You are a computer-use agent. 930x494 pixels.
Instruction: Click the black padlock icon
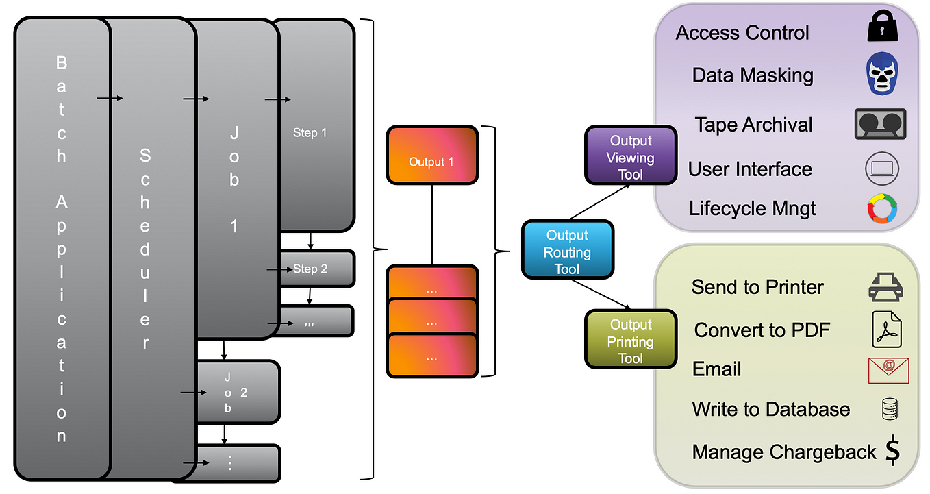click(x=883, y=26)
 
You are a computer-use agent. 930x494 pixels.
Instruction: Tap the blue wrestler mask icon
click(x=882, y=73)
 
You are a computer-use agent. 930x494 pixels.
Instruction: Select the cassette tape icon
click(x=880, y=124)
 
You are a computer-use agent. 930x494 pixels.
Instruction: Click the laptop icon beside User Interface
click(x=882, y=169)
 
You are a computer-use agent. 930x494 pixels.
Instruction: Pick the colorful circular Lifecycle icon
click(x=882, y=208)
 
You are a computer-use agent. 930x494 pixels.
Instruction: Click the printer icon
click(x=885, y=287)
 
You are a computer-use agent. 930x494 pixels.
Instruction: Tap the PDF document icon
click(x=887, y=329)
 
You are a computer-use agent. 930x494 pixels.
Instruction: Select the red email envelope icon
click(x=888, y=370)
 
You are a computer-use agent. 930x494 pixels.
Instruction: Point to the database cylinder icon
click(x=890, y=409)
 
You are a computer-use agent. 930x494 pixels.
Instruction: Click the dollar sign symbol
click(x=892, y=450)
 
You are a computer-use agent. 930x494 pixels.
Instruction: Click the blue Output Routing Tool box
click(x=568, y=249)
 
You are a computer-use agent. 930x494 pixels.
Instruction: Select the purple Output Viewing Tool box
click(x=631, y=155)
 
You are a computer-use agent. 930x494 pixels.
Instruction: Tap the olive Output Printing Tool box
click(x=631, y=339)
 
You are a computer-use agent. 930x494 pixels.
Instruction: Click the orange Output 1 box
click(x=432, y=155)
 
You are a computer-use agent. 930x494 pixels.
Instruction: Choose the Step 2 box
click(x=317, y=269)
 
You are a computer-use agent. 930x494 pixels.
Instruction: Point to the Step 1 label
click(x=310, y=133)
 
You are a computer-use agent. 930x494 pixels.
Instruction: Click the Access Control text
click(x=742, y=32)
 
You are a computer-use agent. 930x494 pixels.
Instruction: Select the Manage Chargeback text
click(x=784, y=452)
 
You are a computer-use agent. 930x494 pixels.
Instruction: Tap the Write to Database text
click(x=771, y=409)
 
